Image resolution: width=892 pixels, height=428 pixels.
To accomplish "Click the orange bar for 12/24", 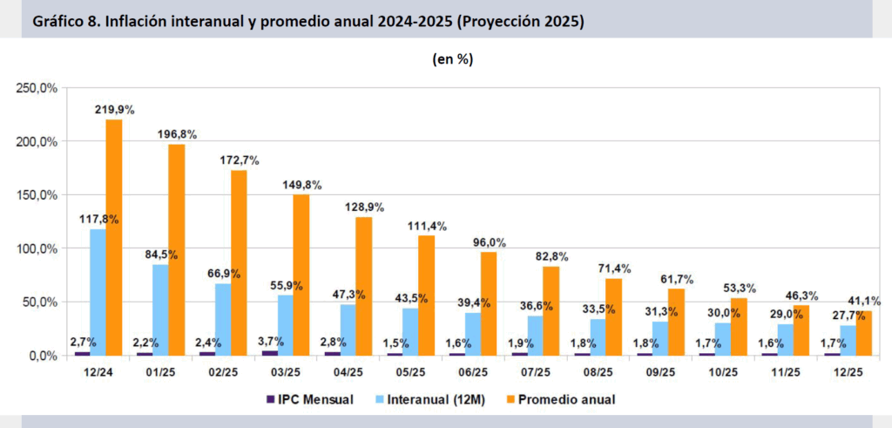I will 114,237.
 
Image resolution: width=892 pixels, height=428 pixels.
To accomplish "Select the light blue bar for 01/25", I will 160,309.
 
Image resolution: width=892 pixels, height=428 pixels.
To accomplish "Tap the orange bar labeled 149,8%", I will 301,275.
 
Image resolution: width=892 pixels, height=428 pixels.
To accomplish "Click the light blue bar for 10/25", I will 722,339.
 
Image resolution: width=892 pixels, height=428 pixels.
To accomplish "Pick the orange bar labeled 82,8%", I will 551,310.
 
